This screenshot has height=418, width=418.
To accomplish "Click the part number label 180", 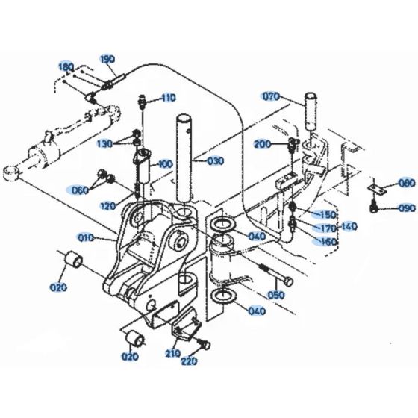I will tap(66, 67).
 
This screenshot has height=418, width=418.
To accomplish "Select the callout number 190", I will tap(107, 58).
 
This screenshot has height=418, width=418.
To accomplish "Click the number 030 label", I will tap(215, 161).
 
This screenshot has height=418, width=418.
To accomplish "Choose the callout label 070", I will tap(270, 96).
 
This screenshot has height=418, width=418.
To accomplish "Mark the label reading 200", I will tap(262, 143).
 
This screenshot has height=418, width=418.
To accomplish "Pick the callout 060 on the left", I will tap(80, 190).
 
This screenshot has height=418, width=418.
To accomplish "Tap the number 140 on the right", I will tap(349, 225).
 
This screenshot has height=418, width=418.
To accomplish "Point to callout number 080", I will tap(406, 183).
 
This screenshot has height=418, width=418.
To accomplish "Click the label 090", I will tap(406, 208).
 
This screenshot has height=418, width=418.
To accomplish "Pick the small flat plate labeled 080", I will tap(378, 188).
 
